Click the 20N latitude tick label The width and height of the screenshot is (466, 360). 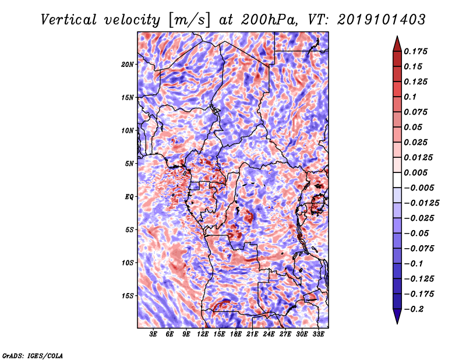pyautogui.click(x=128, y=64)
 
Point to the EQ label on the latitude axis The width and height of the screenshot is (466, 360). pyautogui.click(x=129, y=196)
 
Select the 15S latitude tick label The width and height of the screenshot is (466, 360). pyautogui.click(x=128, y=295)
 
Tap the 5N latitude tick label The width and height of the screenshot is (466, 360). pyautogui.click(x=129, y=163)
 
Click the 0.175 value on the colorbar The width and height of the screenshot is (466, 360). pyautogui.click(x=417, y=51)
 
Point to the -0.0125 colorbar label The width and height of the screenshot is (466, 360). pyautogui.click(x=423, y=203)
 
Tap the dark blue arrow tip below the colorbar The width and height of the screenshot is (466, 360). pyautogui.click(x=396, y=320)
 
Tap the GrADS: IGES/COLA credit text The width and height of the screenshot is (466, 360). pyautogui.click(x=32, y=355)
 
